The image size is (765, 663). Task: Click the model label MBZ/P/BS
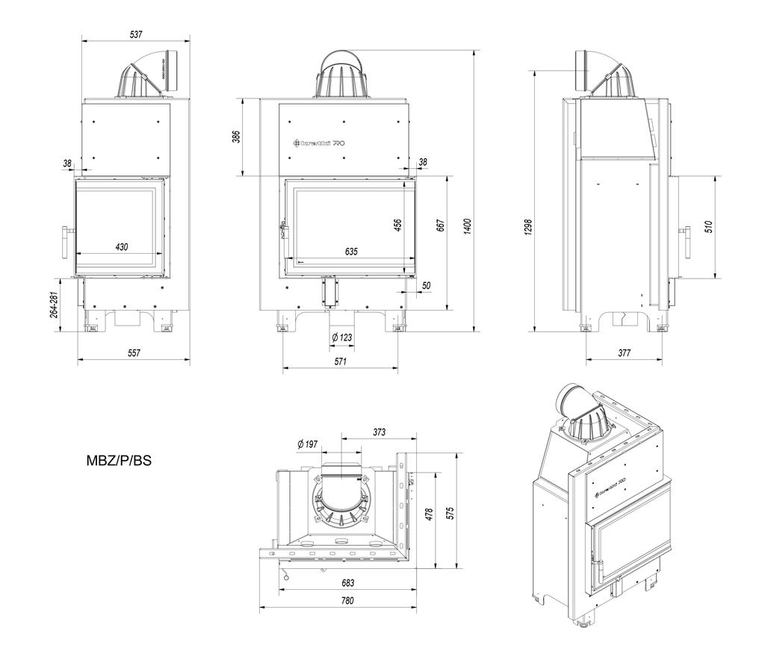coord(120,461)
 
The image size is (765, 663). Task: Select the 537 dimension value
coord(135,34)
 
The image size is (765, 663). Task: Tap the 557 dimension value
coord(134,352)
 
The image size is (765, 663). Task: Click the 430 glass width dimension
coord(121,247)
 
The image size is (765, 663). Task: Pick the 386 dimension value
coord(236,137)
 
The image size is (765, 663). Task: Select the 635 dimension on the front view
coord(352,252)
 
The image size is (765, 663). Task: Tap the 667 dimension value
coord(440,225)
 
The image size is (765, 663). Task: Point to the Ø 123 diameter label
coord(341,338)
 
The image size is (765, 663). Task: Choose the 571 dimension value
coord(341,361)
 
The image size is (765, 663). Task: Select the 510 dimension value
coord(708,225)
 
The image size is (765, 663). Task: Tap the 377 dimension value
coord(624,352)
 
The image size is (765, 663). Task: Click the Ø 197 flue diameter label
coord(307,444)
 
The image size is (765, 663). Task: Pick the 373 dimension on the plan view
coord(379,431)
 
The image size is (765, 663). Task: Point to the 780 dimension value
coord(346,600)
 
